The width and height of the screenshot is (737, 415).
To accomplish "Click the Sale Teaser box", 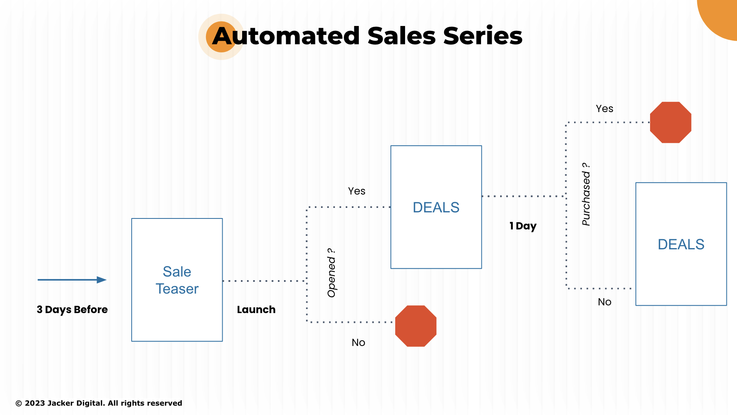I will [x=177, y=280].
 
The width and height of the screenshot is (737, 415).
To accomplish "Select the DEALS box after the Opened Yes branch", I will [x=436, y=207].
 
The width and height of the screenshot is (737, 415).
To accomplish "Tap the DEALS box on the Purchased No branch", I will [x=681, y=244].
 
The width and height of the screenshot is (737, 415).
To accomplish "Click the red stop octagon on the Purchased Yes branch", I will [x=670, y=122].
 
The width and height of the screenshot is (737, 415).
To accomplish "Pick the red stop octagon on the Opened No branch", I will [x=416, y=326].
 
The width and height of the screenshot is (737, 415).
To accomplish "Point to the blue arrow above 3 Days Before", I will [x=72, y=280].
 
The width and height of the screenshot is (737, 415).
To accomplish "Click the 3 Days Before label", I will [x=72, y=309].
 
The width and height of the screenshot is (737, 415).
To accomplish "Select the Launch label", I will [x=256, y=309].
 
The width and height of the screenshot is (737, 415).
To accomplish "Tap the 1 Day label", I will [x=523, y=226].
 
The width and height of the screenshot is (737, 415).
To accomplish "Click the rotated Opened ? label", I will [x=332, y=272].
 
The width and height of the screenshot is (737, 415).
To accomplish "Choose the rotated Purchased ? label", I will [x=586, y=194].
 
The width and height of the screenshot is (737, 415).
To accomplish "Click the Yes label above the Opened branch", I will [x=357, y=191].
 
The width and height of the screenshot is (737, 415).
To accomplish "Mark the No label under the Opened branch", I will [x=358, y=342].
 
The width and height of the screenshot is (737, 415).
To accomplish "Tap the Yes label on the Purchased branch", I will [x=605, y=108].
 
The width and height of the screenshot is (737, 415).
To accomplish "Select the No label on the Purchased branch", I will [x=605, y=302].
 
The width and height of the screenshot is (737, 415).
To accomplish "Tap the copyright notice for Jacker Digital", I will [x=99, y=403].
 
